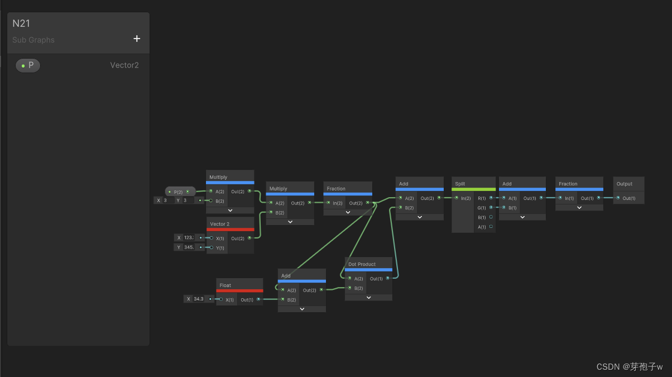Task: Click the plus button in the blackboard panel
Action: coord(137,39)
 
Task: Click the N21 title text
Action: coord(21,23)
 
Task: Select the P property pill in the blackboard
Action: coord(28,65)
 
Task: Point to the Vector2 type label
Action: coord(124,65)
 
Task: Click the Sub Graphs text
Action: coord(33,40)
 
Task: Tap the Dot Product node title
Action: coord(362,264)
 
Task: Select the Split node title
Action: coord(460,184)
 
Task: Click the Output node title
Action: coord(625,184)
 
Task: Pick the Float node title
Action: coord(225,285)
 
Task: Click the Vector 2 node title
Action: coord(219,224)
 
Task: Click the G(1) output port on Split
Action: coord(491,207)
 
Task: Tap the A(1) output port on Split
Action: coord(491,227)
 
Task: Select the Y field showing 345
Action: coord(189,247)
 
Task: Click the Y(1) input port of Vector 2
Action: coord(212,247)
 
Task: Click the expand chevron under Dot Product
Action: coord(368,298)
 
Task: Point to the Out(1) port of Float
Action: coord(258,299)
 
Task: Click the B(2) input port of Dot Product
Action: coord(349,288)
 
